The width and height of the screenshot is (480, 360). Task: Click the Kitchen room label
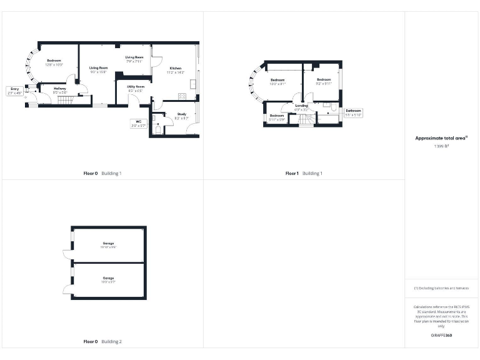[174, 70]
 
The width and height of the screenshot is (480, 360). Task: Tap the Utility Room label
[136, 88]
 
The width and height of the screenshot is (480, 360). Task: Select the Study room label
[181, 116]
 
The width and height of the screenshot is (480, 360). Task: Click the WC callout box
[138, 123]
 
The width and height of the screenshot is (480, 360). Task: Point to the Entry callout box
[14, 91]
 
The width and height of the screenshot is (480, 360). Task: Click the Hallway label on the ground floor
[60, 90]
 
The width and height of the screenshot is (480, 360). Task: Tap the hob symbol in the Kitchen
[182, 96]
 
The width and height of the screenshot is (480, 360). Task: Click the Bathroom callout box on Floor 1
[353, 112]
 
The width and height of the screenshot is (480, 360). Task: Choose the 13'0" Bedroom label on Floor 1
[277, 82]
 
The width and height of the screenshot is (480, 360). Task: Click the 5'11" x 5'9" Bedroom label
[277, 117]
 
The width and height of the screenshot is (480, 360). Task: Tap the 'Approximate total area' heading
[442, 138]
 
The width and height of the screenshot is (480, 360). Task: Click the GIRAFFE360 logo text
[441, 336]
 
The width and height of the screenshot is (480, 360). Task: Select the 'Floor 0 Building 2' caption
[102, 342]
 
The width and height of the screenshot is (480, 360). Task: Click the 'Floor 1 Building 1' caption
[304, 173]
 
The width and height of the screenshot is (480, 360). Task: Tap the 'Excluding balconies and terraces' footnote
[441, 288]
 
